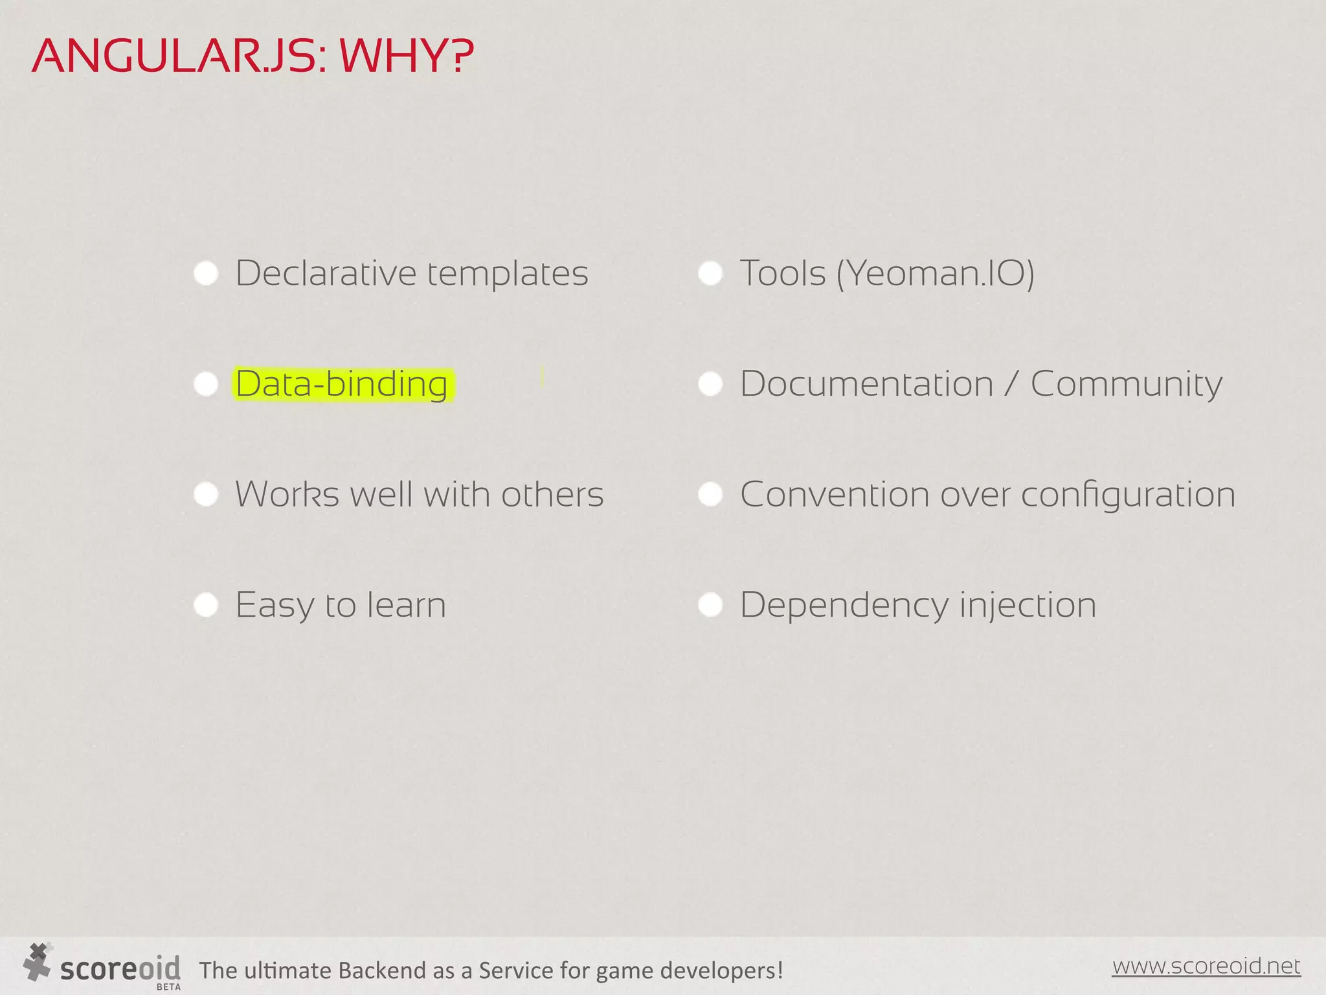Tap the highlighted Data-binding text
coord(342,384)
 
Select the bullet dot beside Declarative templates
coord(206,273)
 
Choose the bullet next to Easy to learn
coord(206,605)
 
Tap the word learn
coord(407,605)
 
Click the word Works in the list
coord(286,495)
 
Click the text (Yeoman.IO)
coord(935,273)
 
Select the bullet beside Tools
coord(710,273)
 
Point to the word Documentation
coord(866,384)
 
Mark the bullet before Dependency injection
coord(710,605)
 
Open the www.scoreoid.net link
coord(1206,966)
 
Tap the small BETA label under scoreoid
coord(168,987)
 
